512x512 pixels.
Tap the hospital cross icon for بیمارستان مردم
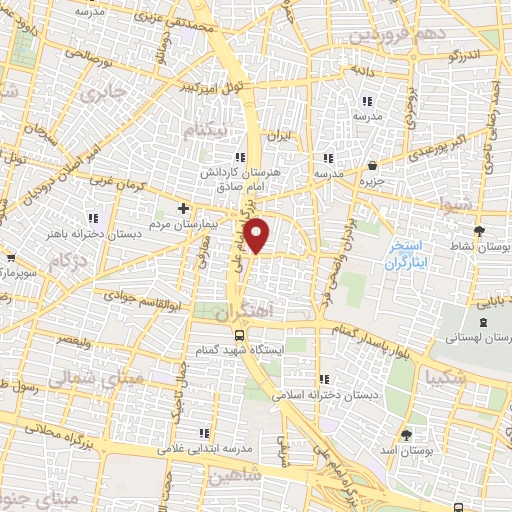point(182,208)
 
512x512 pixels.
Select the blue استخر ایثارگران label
point(407,254)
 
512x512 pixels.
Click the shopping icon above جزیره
point(372,165)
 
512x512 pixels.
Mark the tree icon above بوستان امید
point(406,434)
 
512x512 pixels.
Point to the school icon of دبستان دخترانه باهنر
point(93,218)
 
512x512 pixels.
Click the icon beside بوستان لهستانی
point(485,322)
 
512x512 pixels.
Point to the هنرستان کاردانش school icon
point(239,157)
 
